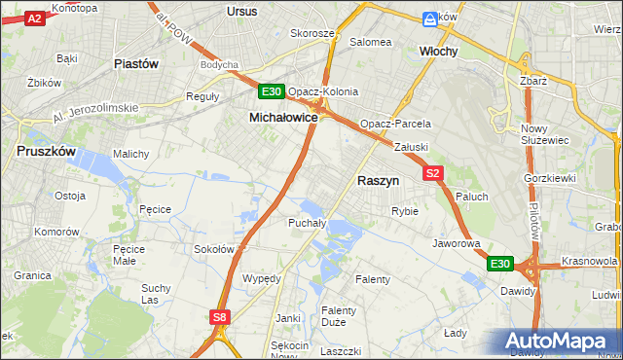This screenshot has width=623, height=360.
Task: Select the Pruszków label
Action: (45, 152)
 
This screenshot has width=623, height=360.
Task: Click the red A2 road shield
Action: (34, 18)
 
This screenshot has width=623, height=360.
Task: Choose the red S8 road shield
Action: (220, 316)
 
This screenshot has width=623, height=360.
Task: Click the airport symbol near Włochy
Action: (430, 18)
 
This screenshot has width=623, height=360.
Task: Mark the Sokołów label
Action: (214, 249)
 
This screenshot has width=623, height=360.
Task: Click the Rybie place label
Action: (404, 210)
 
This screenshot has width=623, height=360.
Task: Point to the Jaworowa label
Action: (457, 243)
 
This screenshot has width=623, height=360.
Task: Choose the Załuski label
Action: (412, 147)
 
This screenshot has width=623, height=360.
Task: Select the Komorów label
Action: (56, 233)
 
